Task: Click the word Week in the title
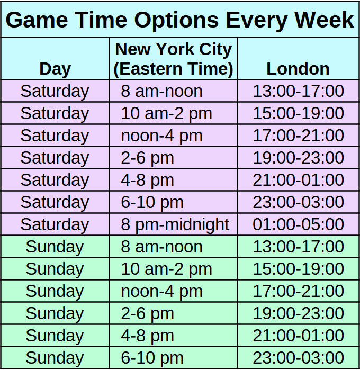coord(324,20)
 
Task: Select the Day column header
coord(55,69)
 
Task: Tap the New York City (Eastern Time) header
coord(174,59)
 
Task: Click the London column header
coord(298,69)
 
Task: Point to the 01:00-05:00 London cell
coord(298,224)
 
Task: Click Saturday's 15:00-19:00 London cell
coord(298,113)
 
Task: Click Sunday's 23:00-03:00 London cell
coord(298,358)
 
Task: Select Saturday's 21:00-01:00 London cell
coord(298,180)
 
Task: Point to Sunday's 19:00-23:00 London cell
coord(298,313)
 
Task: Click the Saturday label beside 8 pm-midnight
coord(55,224)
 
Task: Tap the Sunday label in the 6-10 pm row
coord(55,358)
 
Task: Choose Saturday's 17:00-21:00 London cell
coord(298,136)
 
